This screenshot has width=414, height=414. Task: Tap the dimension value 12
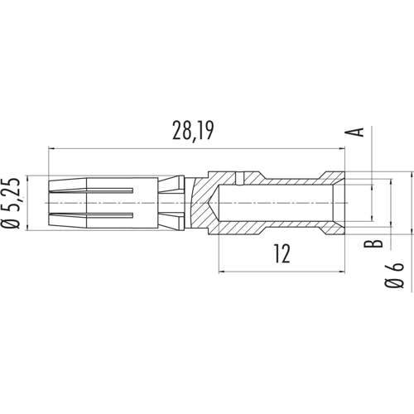[x=281, y=254]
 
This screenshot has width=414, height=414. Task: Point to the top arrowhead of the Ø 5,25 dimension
[x=30, y=178]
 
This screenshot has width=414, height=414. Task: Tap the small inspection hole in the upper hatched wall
[x=238, y=178]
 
